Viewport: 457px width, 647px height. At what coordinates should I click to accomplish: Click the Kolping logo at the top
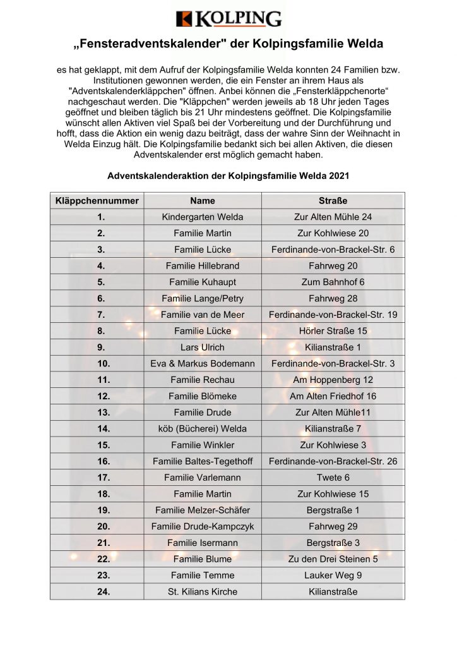[x=228, y=19]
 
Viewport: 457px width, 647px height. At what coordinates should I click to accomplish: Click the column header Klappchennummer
[x=97, y=201]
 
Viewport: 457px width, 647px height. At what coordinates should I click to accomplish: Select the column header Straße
[x=333, y=201]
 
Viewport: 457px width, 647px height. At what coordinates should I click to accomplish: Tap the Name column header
[x=202, y=201]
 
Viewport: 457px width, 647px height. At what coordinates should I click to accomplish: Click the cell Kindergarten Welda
[x=202, y=217]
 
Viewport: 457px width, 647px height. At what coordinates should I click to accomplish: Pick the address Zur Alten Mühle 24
[x=333, y=217]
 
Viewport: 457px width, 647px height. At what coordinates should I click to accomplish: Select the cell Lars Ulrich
[x=202, y=347]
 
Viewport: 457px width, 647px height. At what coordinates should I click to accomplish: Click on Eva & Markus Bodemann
[x=202, y=363]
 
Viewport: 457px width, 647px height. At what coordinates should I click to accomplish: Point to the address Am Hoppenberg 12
[x=333, y=380]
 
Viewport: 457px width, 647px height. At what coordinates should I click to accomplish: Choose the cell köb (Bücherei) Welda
[x=202, y=428]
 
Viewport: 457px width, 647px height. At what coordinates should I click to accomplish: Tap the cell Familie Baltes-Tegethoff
[x=202, y=461]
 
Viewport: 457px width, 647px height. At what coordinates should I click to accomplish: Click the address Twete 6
[x=333, y=478]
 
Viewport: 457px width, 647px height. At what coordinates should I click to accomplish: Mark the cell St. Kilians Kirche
[x=202, y=591]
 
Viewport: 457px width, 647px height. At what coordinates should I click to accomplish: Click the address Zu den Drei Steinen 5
[x=333, y=559]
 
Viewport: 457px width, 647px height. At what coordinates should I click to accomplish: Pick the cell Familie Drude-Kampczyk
[x=202, y=526]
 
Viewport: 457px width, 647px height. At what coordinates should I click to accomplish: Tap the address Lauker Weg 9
[x=333, y=575]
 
